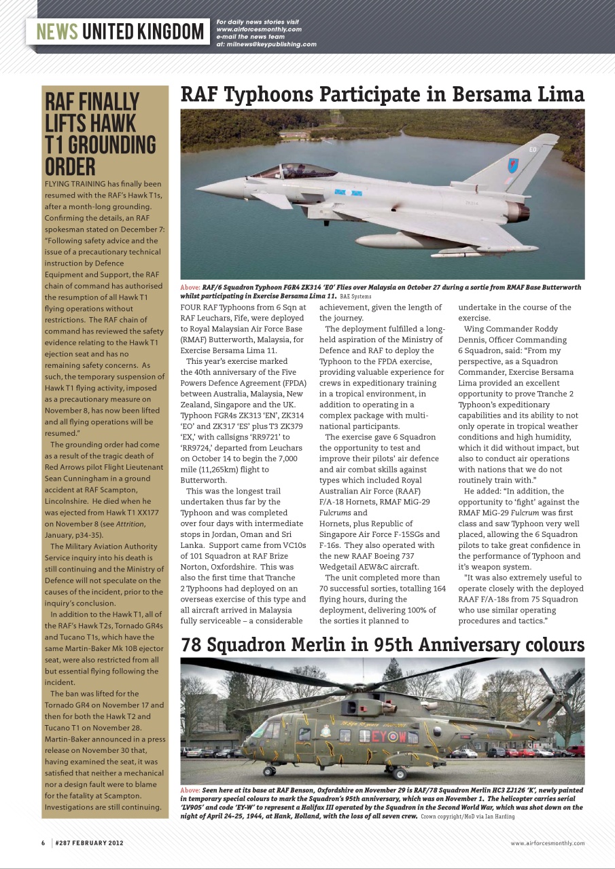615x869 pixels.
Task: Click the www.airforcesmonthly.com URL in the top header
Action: click(259, 30)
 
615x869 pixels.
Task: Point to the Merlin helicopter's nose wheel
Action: click(269, 771)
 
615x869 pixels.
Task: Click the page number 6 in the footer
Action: click(43, 843)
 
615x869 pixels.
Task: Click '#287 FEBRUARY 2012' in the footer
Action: click(90, 843)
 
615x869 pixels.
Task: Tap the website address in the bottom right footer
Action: click(547, 843)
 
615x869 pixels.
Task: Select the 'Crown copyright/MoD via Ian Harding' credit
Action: click(468, 817)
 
